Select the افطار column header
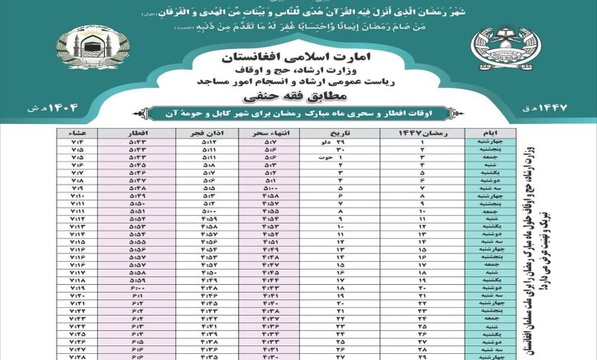point(136,133)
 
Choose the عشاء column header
point(77,133)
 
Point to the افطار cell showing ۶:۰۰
point(136,287)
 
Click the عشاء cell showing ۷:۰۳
point(77,142)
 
